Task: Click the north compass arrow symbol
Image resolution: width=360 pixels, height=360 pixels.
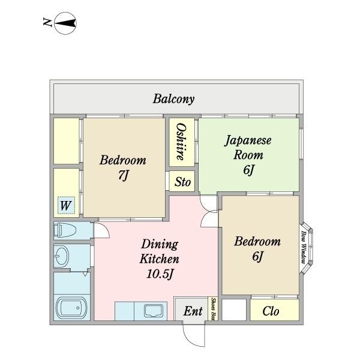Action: coord(67,24)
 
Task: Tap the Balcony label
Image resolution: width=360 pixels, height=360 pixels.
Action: coord(173,99)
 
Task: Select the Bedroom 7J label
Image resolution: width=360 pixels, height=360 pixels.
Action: coord(123,168)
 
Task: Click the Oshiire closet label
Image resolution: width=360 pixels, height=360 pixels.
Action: coord(180,142)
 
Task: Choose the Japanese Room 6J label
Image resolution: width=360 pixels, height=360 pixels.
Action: coord(248,155)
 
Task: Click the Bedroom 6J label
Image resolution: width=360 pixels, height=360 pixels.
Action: coord(257,249)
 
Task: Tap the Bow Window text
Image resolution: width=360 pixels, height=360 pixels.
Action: coord(304,247)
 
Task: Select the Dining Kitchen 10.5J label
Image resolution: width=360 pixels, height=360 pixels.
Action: coord(159,259)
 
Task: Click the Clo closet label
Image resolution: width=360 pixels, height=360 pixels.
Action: coord(271,311)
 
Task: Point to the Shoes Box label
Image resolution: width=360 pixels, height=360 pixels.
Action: coord(214,310)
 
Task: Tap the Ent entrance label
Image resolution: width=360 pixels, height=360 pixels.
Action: coord(193,311)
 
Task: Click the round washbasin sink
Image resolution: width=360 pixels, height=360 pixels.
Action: coord(62,257)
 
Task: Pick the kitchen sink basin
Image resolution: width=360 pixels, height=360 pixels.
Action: coord(154,311)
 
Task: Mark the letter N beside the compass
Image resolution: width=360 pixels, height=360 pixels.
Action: coord(47,24)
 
